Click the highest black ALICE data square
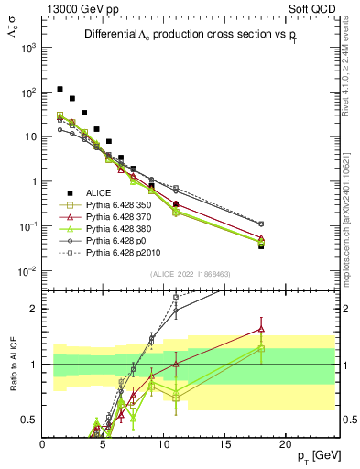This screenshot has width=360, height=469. [60, 89]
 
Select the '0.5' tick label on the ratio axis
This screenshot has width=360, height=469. [28, 420]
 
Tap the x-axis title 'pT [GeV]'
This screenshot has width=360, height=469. [320, 457]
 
